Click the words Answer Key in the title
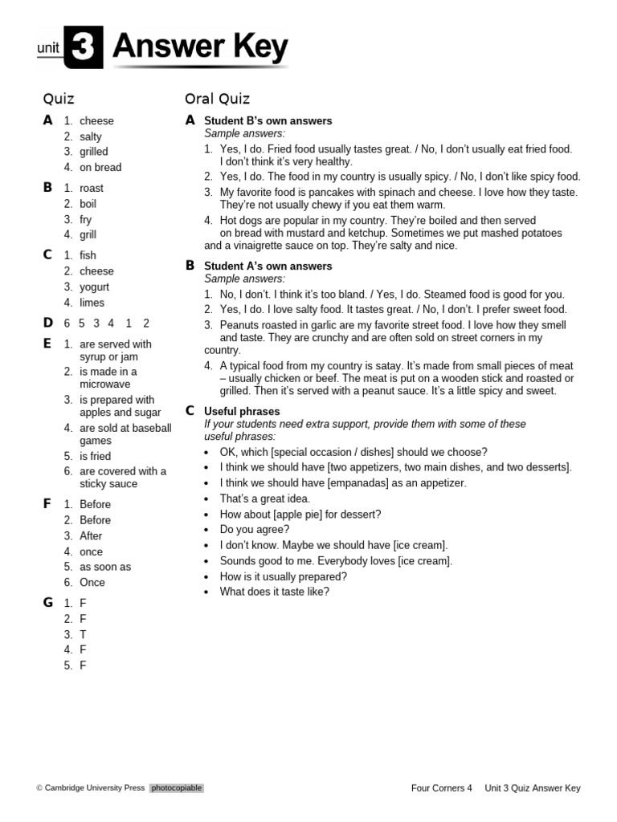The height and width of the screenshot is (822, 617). [200, 48]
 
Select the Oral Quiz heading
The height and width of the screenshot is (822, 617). [217, 99]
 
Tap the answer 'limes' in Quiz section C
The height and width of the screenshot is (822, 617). [92, 303]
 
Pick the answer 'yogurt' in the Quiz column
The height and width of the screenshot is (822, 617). [94, 287]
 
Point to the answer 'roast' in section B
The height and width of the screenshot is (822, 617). [92, 188]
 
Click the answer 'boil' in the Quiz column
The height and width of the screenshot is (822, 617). [88, 204]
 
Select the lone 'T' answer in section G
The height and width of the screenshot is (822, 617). [83, 634]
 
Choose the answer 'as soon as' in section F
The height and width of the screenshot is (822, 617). [105, 567]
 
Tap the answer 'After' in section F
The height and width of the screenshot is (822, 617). [91, 535]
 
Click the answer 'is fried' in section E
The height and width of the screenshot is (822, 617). [96, 456]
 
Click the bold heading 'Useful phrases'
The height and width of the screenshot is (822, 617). [242, 411]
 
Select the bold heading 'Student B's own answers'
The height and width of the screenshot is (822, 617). [268, 120]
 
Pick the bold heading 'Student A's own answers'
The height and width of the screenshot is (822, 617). [268, 266]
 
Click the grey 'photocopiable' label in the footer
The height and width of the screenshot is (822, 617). [176, 788]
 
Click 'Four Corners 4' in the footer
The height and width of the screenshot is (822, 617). [442, 788]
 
